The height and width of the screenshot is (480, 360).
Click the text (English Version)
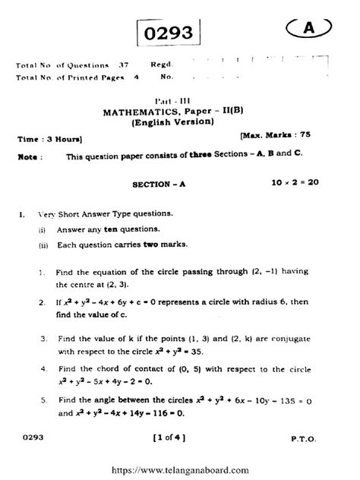(173, 122)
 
